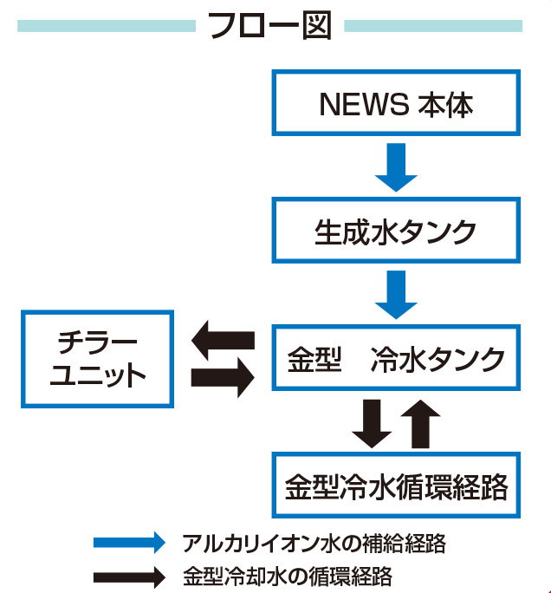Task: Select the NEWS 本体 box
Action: (x=397, y=104)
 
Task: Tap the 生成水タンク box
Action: (x=397, y=231)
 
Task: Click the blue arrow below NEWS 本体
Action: (x=397, y=167)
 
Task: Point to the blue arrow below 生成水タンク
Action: (x=397, y=295)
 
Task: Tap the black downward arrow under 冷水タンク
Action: (x=372, y=422)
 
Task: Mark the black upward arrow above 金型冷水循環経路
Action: (x=421, y=422)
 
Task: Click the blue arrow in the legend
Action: (x=128, y=544)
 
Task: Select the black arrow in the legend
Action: (x=128, y=575)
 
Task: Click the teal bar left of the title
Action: (x=106, y=26)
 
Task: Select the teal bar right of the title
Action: (x=433, y=26)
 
